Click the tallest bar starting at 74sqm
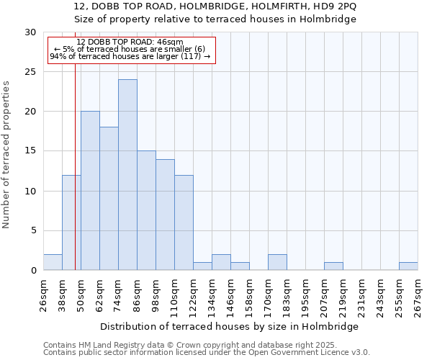click(x=127, y=175)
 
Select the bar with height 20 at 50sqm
click(x=90, y=191)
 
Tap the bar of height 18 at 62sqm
click(x=109, y=199)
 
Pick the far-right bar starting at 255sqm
click(x=408, y=266)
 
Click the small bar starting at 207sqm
click(x=333, y=266)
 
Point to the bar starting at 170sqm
click(x=277, y=262)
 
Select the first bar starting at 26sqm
click(x=53, y=262)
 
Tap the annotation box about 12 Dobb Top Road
click(x=131, y=49)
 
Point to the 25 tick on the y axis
click(x=30, y=72)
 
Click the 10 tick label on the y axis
click(x=30, y=191)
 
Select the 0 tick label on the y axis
click(x=33, y=271)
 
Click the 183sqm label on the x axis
click(x=287, y=296)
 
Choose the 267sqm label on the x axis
click(x=418, y=296)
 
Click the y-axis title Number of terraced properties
click(x=6, y=154)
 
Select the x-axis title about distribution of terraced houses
click(x=229, y=326)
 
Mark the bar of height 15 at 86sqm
click(x=146, y=210)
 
